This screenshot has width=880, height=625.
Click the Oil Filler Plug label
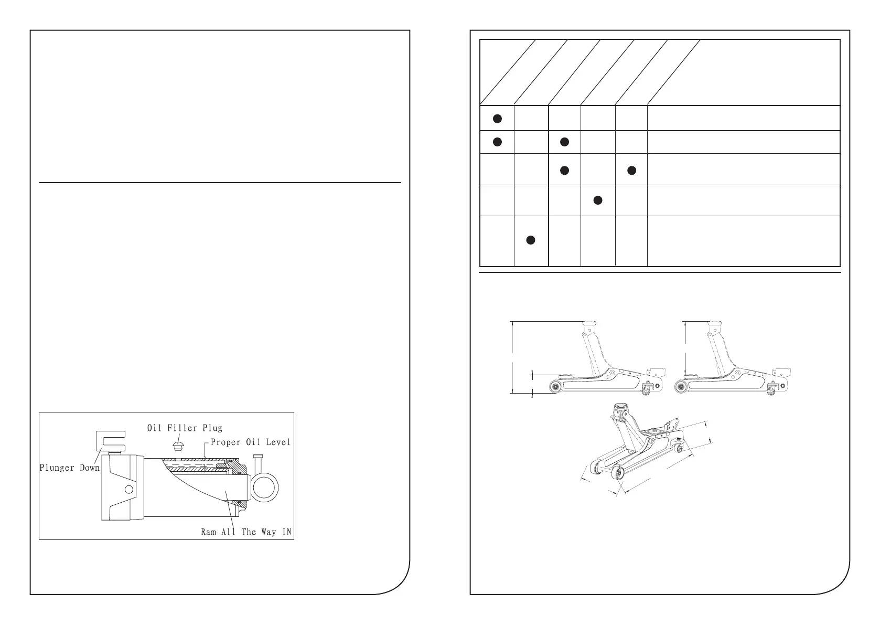(184, 428)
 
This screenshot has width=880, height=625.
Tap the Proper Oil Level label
(250, 442)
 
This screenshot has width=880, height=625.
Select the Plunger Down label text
(69, 468)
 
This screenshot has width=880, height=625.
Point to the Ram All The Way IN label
(247, 532)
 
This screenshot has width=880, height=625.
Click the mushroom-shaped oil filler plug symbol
(178, 446)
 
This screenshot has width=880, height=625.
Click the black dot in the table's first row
(497, 119)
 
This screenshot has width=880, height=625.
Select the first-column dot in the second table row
(497, 142)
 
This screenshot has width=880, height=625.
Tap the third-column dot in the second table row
(564, 142)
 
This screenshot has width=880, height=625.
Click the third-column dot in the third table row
(564, 170)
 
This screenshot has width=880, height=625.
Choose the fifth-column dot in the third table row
(631, 170)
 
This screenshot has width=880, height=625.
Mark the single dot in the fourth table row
(597, 200)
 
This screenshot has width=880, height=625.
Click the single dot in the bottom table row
(530, 240)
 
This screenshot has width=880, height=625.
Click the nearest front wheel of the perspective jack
(620, 474)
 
